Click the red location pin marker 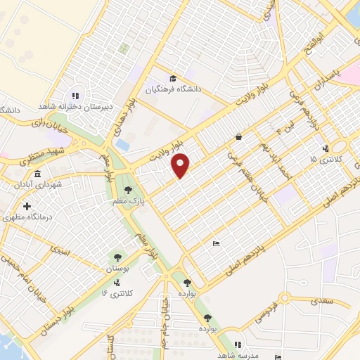[181, 165]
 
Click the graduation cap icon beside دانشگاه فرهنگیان [173, 78]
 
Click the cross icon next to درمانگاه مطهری [27, 207]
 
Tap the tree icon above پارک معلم [128, 189]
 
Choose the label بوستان [118, 269]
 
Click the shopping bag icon [239, 136]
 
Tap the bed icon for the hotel [216, 243]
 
